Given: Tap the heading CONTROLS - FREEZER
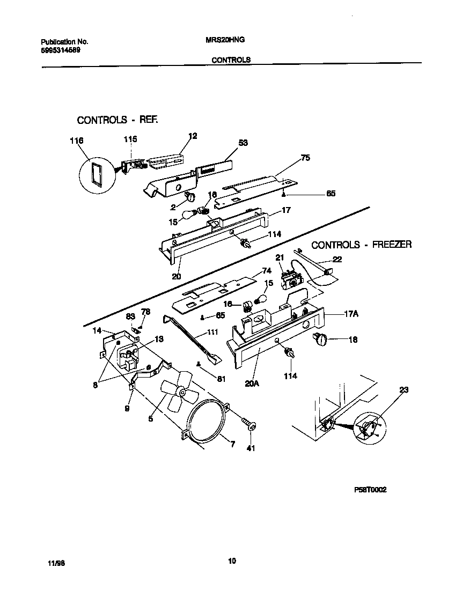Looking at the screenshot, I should [x=362, y=245].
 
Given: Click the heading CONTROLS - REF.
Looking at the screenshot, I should [x=118, y=120].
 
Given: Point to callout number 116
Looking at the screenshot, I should [x=77, y=141].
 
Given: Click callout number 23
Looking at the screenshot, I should [x=403, y=390].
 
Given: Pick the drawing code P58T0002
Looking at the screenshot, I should [x=370, y=490].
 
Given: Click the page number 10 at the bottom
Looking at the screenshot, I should [x=231, y=562].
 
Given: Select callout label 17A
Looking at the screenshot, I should [x=351, y=315].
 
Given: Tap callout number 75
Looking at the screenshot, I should [x=305, y=158].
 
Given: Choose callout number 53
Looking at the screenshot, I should [x=243, y=143].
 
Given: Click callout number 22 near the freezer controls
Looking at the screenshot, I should [x=336, y=260].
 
